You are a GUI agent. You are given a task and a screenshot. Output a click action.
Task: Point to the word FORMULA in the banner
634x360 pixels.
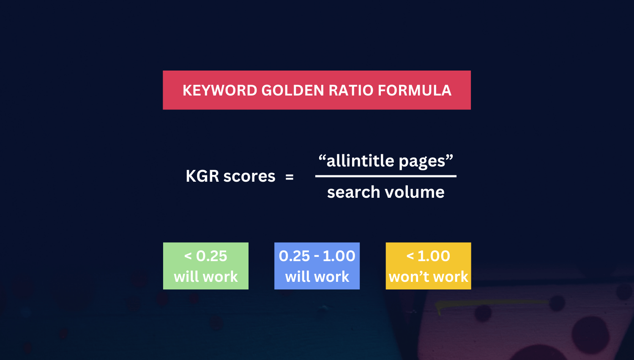click(414, 90)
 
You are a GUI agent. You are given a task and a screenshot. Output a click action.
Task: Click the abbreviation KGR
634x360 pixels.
click(202, 176)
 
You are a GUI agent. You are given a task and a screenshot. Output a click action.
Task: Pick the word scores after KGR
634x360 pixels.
click(249, 176)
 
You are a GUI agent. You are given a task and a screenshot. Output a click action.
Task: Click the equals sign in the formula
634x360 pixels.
click(290, 177)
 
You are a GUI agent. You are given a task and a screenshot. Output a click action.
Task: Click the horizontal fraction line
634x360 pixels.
click(385, 176)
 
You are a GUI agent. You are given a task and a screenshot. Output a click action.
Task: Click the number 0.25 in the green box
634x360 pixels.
click(212, 256)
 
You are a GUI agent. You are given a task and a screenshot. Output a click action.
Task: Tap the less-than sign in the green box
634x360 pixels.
click(188, 256)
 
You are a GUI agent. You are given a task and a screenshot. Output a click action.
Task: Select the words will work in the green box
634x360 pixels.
click(206, 277)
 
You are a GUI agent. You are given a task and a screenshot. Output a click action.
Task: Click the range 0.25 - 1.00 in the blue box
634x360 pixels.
click(317, 256)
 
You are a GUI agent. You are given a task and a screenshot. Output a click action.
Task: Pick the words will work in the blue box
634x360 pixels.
click(317, 277)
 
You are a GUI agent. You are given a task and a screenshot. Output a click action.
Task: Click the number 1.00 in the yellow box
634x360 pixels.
click(434, 256)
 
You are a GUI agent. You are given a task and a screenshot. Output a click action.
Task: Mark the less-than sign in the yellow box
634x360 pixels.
click(410, 256)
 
